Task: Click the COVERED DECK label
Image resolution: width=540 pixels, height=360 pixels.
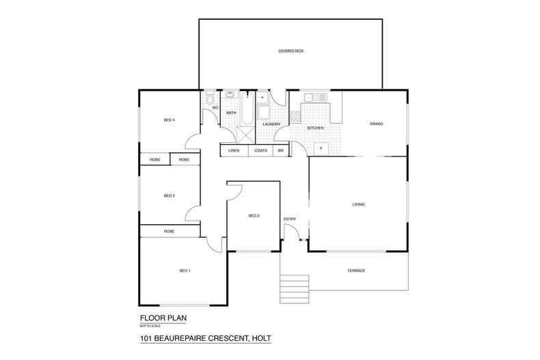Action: tap(291, 51)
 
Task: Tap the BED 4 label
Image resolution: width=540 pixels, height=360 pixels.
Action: tap(170, 120)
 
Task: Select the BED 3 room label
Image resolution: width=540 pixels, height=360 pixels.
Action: tap(170, 196)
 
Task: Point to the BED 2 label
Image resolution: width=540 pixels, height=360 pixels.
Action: tap(253, 215)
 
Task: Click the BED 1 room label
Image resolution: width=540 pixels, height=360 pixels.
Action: tap(185, 271)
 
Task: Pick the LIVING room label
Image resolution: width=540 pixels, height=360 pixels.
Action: tap(358, 204)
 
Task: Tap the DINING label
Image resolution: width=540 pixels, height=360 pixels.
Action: tap(376, 124)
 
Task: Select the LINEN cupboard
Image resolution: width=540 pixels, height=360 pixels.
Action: tap(234, 150)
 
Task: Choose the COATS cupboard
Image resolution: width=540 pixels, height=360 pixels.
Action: tap(260, 150)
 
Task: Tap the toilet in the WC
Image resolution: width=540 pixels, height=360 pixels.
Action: tap(210, 98)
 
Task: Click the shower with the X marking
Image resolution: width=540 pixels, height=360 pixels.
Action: tap(245, 133)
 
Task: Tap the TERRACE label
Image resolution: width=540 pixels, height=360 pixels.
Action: tap(356, 271)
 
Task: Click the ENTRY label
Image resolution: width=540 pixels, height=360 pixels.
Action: tap(290, 219)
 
